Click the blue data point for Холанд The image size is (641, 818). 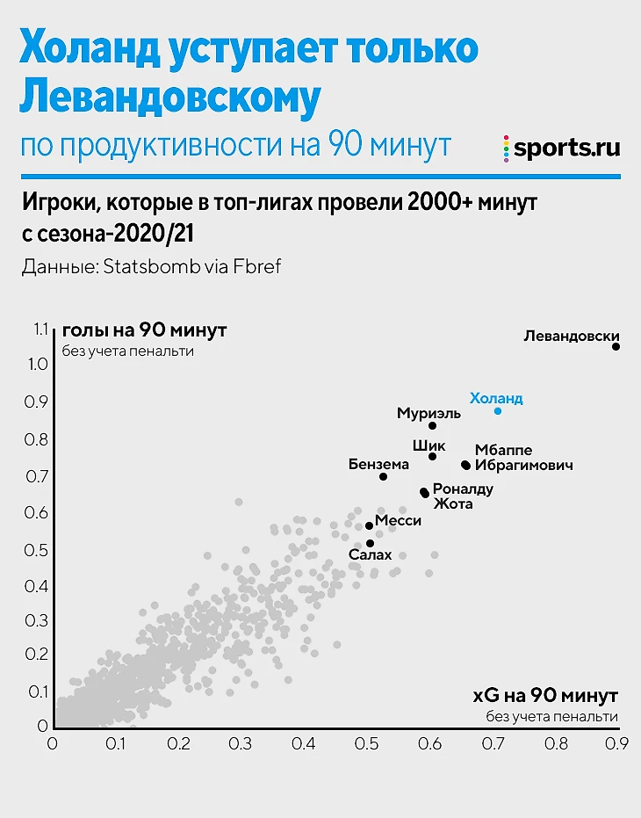click(498, 411)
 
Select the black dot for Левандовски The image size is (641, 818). click(616, 347)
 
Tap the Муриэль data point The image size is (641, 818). click(432, 426)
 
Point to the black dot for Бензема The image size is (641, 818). click(383, 477)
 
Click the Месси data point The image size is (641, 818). click(369, 525)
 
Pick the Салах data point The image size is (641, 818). click(370, 543)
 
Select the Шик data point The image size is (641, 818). click(432, 457)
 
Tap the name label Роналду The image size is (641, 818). click(463, 489)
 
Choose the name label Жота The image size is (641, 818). click(453, 503)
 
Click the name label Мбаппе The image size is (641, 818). click(503, 450)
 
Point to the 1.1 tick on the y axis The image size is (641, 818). click(40, 329)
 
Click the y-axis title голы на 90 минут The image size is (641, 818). click(144, 331)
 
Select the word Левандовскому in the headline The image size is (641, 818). click(169, 98)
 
